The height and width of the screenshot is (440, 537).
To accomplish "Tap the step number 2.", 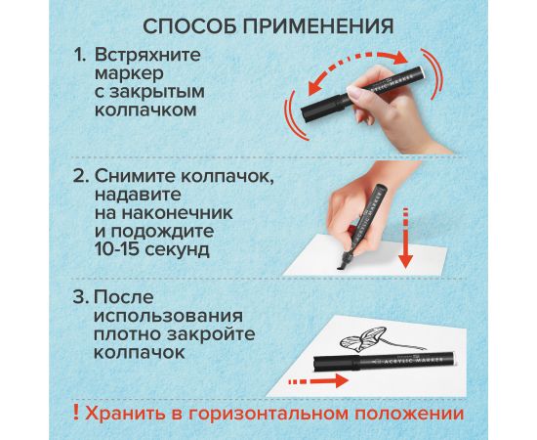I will coord(80,177).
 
